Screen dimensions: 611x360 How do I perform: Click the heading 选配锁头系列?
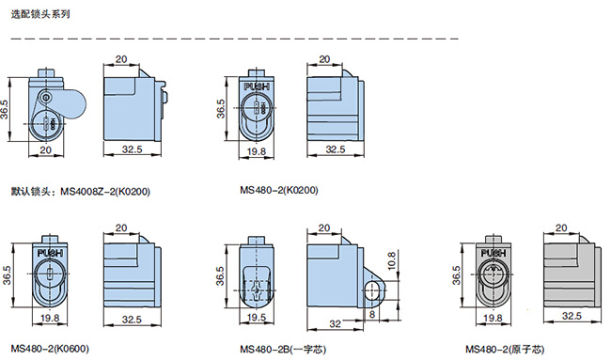pyautogui.click(x=40, y=14)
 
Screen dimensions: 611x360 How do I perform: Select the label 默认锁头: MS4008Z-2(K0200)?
pyautogui.click(x=80, y=192)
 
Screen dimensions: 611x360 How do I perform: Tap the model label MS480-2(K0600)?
pyautogui.click(x=50, y=349)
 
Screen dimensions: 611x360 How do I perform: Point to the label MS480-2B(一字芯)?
pyautogui.click(x=283, y=349)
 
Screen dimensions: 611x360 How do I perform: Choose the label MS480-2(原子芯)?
pyautogui.click(x=505, y=349)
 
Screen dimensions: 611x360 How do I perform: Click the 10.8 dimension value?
pyautogui.click(x=392, y=261)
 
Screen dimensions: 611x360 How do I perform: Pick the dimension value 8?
pyautogui.click(x=372, y=314)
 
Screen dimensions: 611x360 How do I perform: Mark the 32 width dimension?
pyautogui.click(x=336, y=323)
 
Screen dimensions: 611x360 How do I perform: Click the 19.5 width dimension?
pyautogui.click(x=256, y=318)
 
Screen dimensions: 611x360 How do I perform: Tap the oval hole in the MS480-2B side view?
pyautogui.click(x=374, y=291)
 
